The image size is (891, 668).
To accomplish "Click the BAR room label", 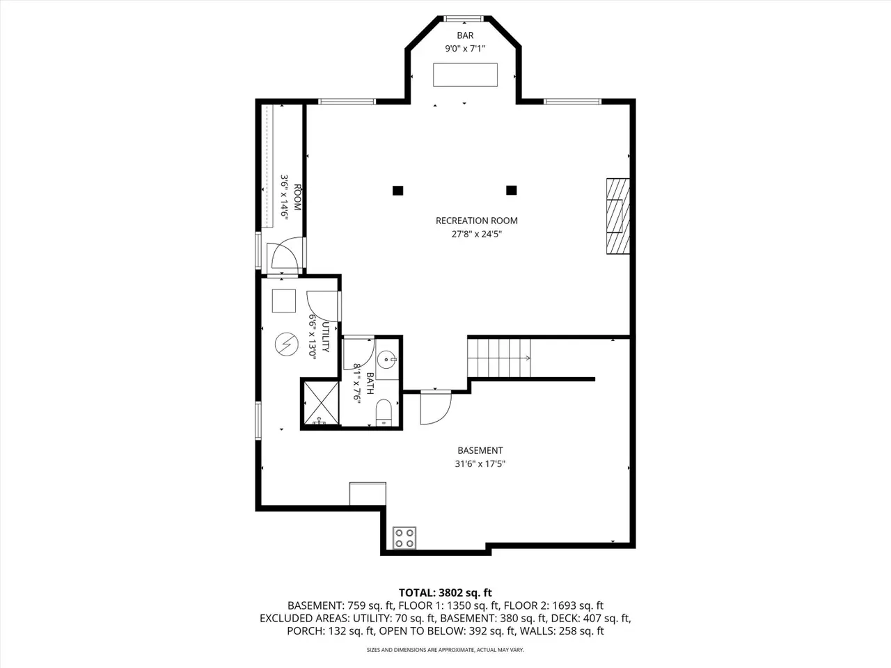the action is tap(465, 35).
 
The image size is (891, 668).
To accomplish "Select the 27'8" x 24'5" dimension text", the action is tap(477, 234).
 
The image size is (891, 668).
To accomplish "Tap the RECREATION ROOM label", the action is tap(477, 221).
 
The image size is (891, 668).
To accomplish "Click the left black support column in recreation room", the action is tap(397, 190).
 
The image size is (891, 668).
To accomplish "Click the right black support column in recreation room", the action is tap(512, 190).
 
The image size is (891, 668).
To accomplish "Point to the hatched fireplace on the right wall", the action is tap(618, 216).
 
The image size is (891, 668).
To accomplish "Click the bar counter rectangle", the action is tap(465, 74).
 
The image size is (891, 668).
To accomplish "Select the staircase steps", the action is tap(499, 358).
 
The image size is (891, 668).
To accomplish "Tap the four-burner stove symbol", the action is tap(404, 538).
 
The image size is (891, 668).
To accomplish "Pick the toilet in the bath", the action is tap(384, 413).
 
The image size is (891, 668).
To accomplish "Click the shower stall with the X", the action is tap(321, 403).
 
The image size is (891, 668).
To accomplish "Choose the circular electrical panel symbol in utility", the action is tap(287, 344).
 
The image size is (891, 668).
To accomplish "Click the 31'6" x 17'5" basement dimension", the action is tap(480, 463).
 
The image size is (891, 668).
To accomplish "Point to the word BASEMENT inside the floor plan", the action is tap(480, 450).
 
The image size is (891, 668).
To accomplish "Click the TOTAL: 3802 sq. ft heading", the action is tap(445, 593).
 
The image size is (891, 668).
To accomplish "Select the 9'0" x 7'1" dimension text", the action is tap(465, 49).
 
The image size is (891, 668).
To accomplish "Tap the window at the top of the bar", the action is tap(464, 18).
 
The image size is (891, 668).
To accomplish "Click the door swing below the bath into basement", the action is tap(436, 408).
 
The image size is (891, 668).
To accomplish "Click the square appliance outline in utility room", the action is tap(284, 301).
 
